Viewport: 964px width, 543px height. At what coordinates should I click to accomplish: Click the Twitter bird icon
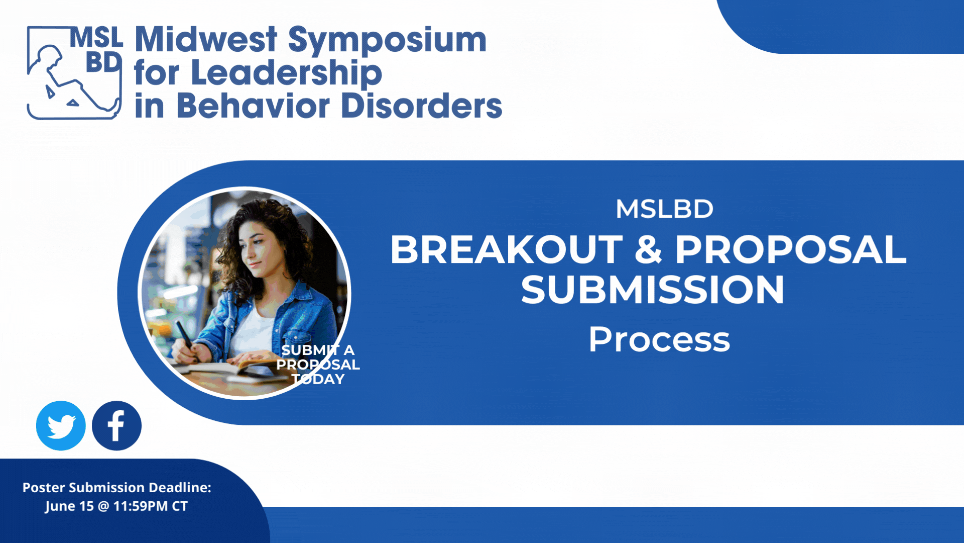61,425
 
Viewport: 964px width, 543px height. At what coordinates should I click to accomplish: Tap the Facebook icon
116,425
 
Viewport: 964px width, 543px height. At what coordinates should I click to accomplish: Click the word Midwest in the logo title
206,39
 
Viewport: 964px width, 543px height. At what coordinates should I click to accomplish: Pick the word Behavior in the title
253,106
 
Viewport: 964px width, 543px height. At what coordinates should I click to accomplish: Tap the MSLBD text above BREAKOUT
664,209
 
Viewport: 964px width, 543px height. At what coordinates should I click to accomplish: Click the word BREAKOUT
507,249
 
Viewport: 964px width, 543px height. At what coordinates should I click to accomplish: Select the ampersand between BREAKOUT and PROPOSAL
649,249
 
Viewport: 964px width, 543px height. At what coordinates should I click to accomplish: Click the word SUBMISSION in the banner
652,290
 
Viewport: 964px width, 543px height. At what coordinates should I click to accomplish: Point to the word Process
659,339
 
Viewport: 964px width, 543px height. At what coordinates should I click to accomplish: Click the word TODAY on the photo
318,379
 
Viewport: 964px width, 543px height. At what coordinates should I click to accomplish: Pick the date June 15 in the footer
69,506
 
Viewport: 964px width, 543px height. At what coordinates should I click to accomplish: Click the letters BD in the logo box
103,62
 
